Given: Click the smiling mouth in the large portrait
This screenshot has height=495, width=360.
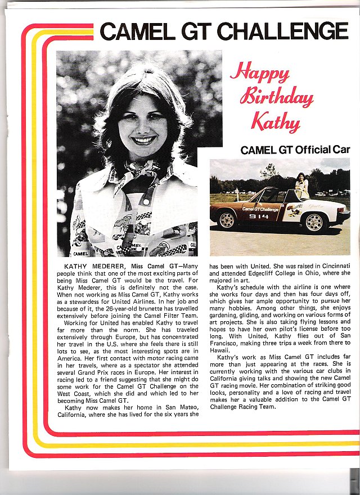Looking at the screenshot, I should pyautogui.click(x=143, y=139).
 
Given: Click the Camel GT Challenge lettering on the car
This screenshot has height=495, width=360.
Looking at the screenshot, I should pyautogui.click(x=260, y=209).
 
